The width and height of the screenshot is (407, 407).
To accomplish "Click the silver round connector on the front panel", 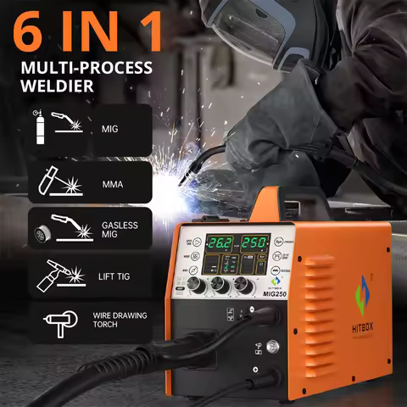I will [273, 345].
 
